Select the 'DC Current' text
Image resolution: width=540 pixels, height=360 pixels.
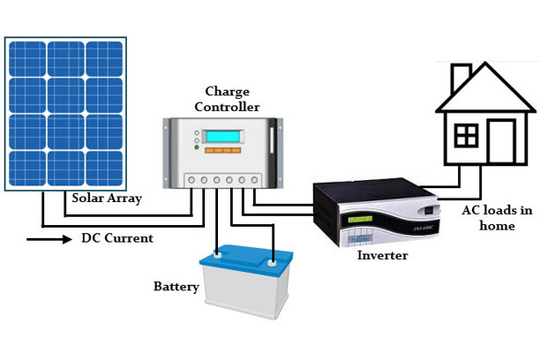117,238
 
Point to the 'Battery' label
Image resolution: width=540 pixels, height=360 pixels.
176,287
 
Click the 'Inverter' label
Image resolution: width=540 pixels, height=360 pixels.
382,256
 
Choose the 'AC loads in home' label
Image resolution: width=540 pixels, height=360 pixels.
497,217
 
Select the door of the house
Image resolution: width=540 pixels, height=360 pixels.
500,141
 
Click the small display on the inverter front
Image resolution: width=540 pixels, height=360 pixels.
359,219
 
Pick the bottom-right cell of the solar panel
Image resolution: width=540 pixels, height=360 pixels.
104,168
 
